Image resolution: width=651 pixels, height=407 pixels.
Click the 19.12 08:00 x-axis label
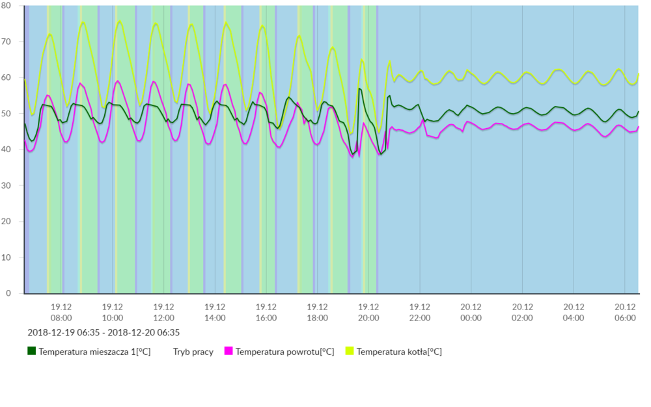[61, 312]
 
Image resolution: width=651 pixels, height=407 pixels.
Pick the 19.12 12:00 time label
[163, 312]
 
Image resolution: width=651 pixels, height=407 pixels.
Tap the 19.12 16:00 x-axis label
[266, 312]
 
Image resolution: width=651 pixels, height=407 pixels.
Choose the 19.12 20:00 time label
[368, 312]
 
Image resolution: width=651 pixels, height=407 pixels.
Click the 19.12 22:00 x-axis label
[420, 312]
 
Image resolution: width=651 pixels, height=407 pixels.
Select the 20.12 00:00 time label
[471, 312]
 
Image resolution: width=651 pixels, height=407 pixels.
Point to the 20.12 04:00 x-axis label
[574, 312]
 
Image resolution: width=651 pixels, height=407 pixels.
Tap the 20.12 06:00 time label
[625, 312]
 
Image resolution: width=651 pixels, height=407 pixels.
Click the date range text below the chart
[104, 332]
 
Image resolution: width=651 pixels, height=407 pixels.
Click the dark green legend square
[31, 351]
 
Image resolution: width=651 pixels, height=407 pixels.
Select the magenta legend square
[229, 351]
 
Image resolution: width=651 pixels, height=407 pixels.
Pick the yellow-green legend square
[350, 351]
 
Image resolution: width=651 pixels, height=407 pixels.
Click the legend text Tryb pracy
[193, 352]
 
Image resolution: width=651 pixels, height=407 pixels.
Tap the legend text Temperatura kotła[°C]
[399, 352]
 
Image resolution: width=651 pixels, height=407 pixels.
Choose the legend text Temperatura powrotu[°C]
[284, 352]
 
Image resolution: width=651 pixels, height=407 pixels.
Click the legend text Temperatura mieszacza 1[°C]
[94, 352]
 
